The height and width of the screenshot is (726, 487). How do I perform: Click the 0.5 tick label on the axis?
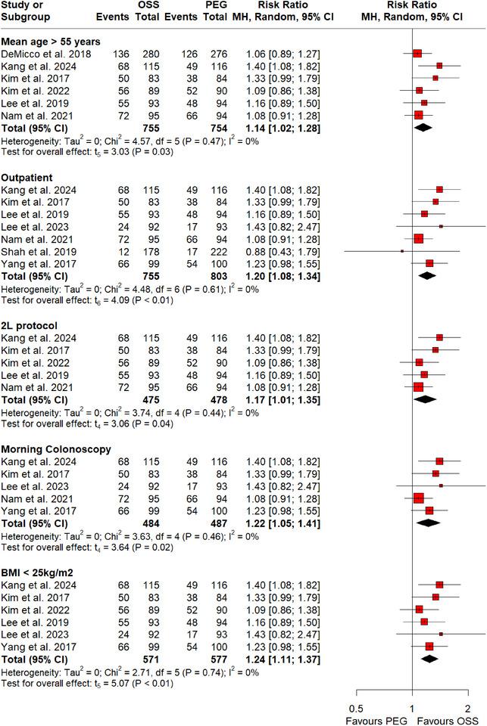tap(356, 707)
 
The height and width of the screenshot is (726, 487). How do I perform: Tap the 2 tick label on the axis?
tap(467, 707)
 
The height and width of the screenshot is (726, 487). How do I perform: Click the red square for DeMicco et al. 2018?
tap(417, 53)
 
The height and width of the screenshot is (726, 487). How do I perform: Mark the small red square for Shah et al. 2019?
tap(401, 250)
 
